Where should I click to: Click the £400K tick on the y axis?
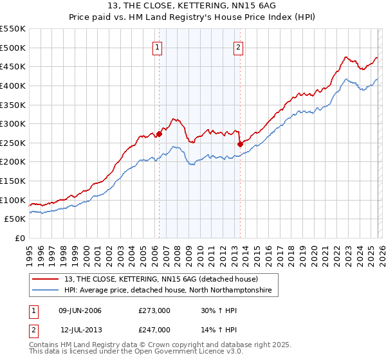coord(13,85)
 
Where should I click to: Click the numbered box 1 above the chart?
coord(158,46)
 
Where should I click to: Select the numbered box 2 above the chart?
coord(238,46)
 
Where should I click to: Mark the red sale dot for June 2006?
coord(159,134)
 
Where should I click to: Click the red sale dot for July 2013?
coord(239,144)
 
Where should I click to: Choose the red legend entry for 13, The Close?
coord(161,279)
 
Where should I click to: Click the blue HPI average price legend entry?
coord(167,291)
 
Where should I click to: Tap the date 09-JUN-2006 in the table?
coord(80,311)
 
